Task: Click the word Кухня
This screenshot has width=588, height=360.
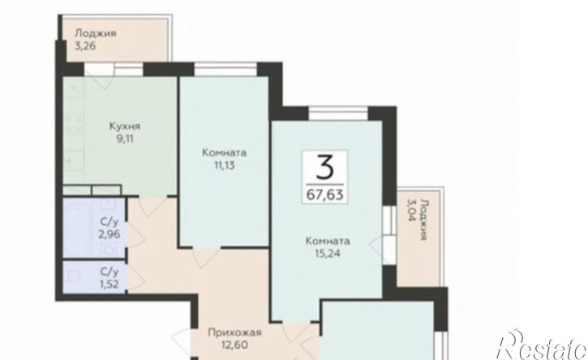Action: tap(125, 126)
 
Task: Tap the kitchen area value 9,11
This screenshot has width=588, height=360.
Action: tap(125, 139)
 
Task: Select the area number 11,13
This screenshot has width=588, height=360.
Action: tap(224, 165)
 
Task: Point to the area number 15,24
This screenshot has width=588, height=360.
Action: tap(328, 254)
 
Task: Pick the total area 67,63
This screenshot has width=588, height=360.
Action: tap(324, 195)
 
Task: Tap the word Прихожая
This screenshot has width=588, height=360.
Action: tap(234, 332)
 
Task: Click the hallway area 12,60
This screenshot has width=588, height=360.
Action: tap(234, 345)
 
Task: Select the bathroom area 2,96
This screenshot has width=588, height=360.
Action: tap(109, 234)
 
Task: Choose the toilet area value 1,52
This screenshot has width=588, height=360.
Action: tap(109, 284)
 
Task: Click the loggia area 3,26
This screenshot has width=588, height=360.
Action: tap(85, 45)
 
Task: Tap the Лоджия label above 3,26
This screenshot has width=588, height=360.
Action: tap(96, 33)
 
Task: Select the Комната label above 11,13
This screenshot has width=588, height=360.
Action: tap(224, 152)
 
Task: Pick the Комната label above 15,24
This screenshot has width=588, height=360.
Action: tap(328, 241)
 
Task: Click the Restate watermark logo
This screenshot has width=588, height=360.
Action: tap(541, 345)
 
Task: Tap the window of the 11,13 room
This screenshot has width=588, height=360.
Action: tap(225, 70)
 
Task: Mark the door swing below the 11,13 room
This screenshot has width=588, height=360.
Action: tap(206, 257)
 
